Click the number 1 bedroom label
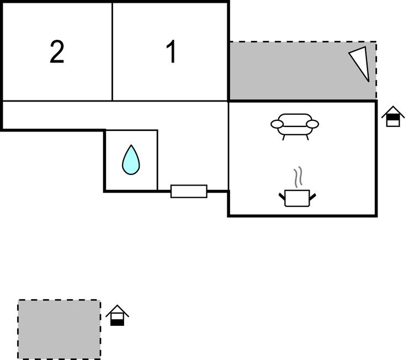[172, 52]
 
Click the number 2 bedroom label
[57, 52]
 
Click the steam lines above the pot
[298, 177]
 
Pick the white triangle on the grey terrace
[360, 62]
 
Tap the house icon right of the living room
[392, 117]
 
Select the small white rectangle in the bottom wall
[189, 191]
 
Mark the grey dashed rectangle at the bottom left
[59, 329]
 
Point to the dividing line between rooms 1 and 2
[113, 52]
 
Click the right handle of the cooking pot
[314, 195]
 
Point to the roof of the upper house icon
[392, 110]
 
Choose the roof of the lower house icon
[117, 309]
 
